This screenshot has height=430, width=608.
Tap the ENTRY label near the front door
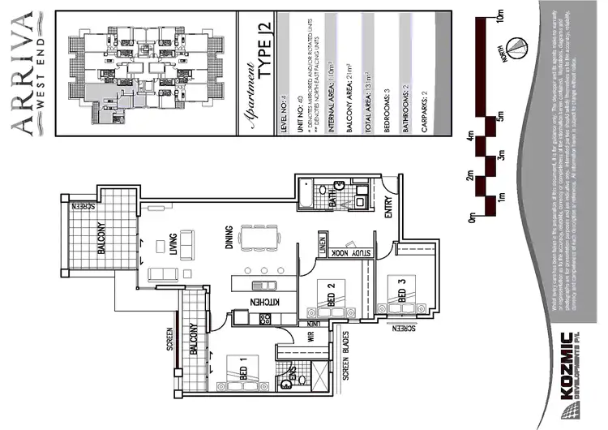(388, 208)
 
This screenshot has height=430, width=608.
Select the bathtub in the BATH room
(305, 195)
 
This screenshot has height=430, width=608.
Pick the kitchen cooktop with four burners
(263, 286)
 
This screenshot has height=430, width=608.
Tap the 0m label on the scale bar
(473, 217)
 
